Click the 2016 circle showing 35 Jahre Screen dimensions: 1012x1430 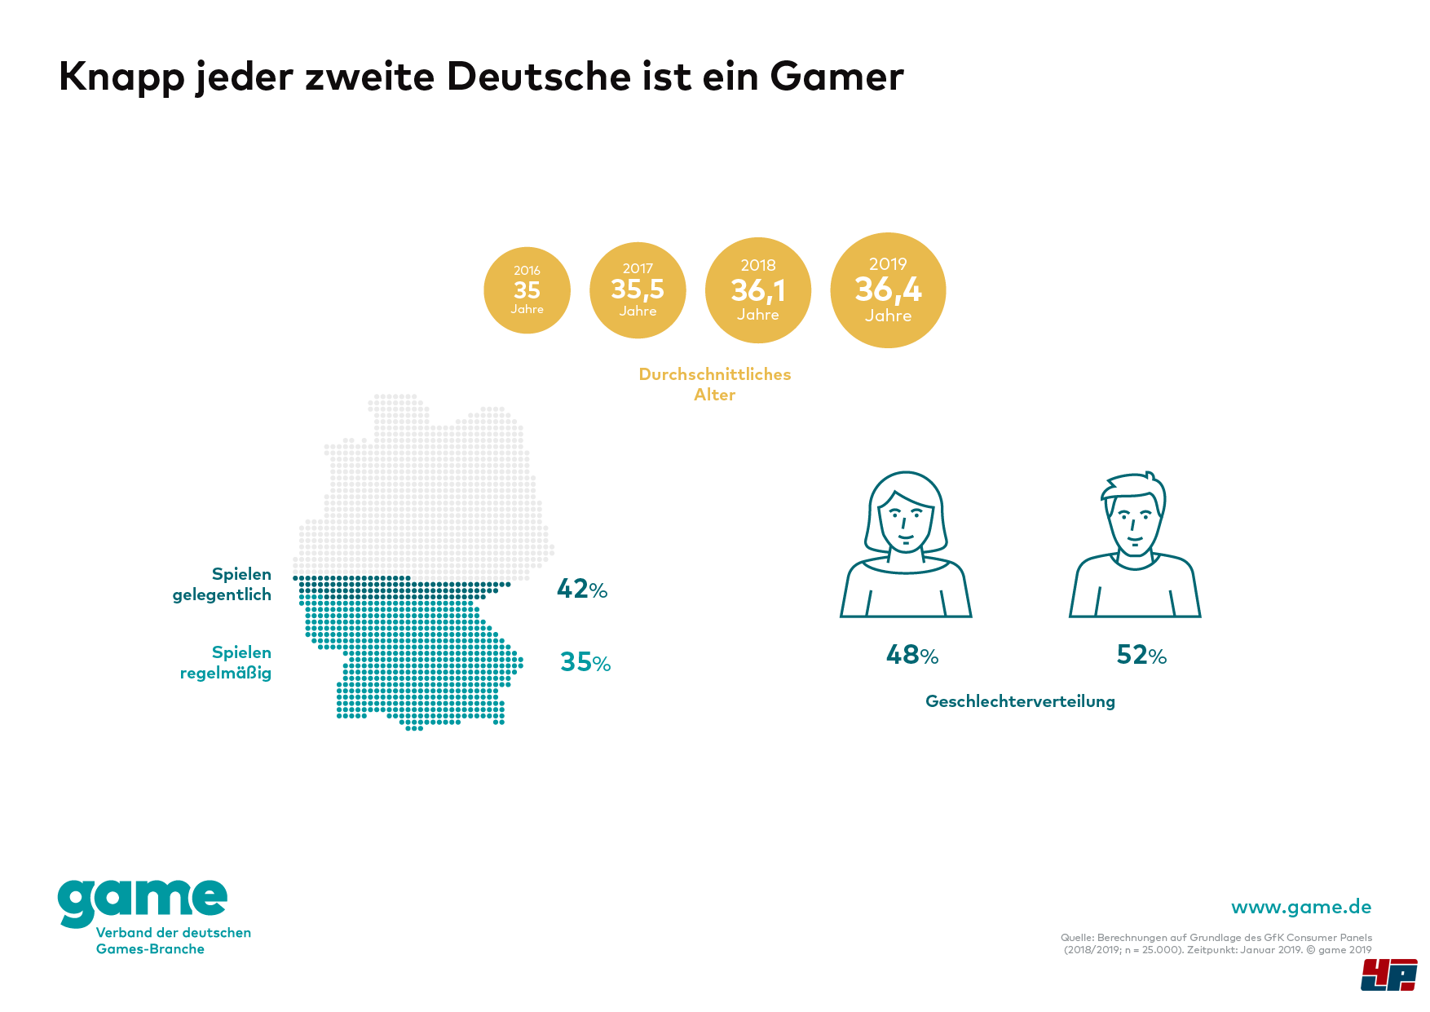click(527, 290)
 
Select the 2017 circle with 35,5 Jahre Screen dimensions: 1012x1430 click(638, 290)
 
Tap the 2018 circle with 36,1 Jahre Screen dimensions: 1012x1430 click(757, 290)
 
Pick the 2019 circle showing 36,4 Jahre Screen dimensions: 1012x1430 click(888, 290)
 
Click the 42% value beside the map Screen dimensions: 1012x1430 click(582, 589)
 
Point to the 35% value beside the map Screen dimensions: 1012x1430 click(585, 662)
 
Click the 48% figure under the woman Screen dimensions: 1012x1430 click(912, 655)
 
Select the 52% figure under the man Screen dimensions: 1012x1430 click(1141, 655)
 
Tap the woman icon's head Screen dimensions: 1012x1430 click(906, 514)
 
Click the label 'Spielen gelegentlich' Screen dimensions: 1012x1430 click(223, 585)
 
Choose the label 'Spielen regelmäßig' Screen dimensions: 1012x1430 click(226, 663)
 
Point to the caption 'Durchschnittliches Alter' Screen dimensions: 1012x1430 click(715, 384)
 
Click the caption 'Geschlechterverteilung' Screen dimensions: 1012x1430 click(1020, 701)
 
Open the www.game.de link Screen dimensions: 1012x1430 click(1301, 908)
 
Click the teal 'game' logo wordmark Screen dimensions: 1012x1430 click(143, 901)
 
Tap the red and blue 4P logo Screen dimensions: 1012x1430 click(1388, 975)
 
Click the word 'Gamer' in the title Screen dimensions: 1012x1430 click(836, 77)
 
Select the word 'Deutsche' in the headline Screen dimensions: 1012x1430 click(539, 77)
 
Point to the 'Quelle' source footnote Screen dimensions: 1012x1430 click(1216, 944)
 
